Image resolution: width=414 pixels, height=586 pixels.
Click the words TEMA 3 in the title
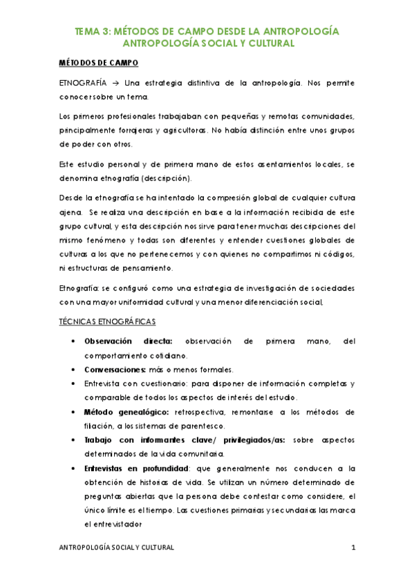coord(93,31)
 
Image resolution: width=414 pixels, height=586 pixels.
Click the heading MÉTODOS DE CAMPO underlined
coord(99,64)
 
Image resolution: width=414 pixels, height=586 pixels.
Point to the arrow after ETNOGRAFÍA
coord(119,83)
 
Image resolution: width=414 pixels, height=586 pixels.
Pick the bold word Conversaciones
coord(114,368)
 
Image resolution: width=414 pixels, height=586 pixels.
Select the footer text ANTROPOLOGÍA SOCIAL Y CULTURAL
coord(117,547)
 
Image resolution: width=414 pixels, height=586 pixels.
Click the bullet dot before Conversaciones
coord(74,369)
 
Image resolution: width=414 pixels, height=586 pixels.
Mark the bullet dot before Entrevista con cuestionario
coord(74,384)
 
